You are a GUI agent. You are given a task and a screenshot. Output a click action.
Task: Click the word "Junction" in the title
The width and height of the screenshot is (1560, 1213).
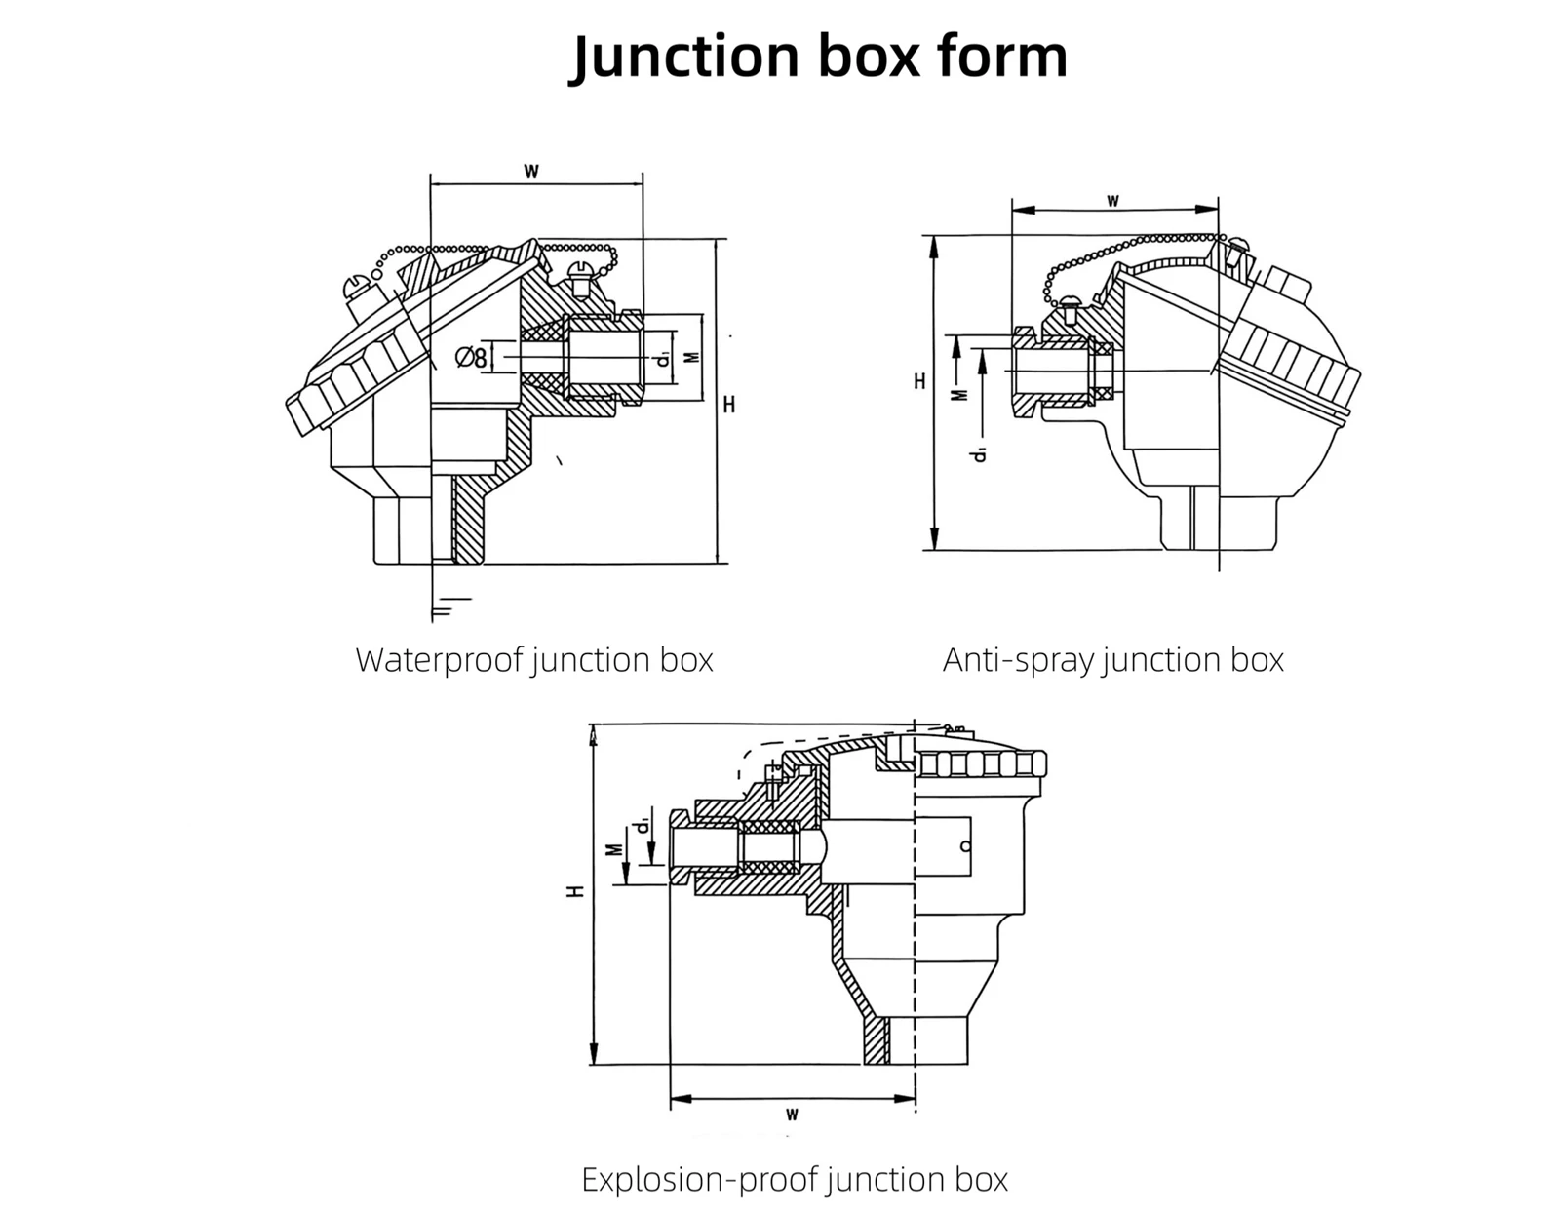(x=684, y=58)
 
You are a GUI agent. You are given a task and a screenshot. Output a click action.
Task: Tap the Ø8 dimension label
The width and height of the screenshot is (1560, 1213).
(x=471, y=357)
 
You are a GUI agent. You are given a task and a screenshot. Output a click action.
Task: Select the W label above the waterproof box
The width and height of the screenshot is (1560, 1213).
(x=531, y=172)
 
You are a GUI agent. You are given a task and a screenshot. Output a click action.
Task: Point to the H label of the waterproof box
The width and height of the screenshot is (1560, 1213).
(x=729, y=405)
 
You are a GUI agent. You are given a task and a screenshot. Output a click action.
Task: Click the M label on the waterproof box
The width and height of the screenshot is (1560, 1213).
(x=692, y=357)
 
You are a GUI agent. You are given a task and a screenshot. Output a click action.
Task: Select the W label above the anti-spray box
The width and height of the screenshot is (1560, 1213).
(x=1112, y=201)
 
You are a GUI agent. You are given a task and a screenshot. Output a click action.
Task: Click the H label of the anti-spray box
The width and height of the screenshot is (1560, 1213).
(x=919, y=381)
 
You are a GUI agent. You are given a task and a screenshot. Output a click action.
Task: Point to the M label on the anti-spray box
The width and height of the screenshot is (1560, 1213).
(x=962, y=394)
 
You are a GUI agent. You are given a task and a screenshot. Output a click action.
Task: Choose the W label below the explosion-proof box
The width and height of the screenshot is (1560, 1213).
(x=792, y=1115)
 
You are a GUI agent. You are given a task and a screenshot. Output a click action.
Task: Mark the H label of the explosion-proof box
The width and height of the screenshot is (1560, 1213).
(x=576, y=891)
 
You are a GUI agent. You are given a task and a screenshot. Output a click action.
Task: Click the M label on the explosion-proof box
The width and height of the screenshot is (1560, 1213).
(x=614, y=850)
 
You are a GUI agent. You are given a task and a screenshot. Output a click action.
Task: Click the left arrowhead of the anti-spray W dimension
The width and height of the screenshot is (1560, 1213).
(x=1023, y=210)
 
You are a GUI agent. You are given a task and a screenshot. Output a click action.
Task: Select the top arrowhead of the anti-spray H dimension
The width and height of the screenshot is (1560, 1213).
(x=934, y=247)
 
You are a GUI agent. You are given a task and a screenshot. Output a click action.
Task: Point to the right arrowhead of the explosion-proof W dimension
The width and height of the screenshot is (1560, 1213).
(x=905, y=1099)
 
